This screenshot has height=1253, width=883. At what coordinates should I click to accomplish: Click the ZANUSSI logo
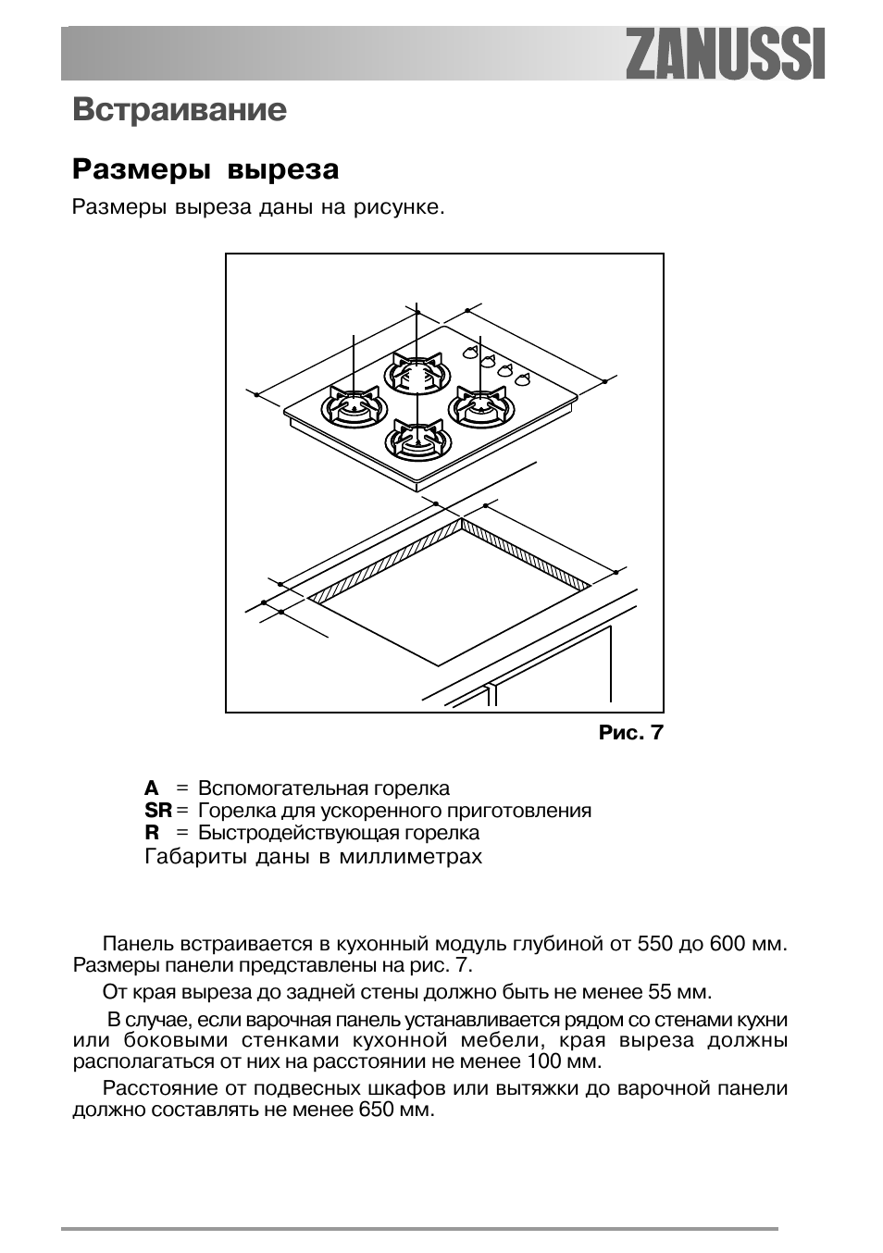tap(725, 54)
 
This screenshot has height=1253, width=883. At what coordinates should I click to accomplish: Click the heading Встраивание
tap(180, 110)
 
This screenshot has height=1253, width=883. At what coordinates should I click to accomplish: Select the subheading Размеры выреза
tap(205, 170)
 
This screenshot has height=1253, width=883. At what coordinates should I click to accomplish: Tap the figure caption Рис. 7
tap(631, 733)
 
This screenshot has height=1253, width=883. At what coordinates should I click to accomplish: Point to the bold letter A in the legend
tap(152, 788)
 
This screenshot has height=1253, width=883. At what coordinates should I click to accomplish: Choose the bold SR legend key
tap(158, 811)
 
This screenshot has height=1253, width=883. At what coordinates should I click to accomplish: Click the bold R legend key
tap(152, 833)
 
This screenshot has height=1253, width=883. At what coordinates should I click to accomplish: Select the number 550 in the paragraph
tap(655, 945)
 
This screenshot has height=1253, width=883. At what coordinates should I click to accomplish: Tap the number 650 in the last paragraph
tap(377, 1109)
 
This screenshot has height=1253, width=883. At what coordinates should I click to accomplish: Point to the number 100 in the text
tap(545, 1061)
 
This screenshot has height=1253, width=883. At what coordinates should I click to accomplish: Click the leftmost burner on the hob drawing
tap(353, 406)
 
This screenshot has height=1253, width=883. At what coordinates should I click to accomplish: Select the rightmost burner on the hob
tap(479, 406)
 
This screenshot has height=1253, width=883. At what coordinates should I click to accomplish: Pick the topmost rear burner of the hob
tap(417, 375)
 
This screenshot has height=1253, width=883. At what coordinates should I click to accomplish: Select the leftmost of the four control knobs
tap(471, 352)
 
